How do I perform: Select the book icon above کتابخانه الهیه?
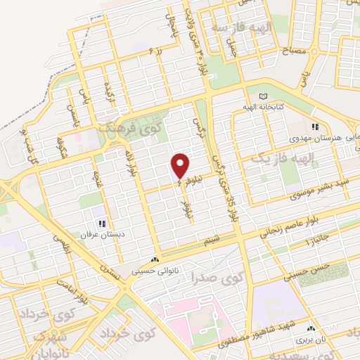click(x=264, y=96)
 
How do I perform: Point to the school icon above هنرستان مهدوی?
click(x=316, y=127)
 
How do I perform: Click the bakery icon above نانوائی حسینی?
click(x=155, y=259)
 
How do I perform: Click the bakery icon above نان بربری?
click(x=311, y=328)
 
